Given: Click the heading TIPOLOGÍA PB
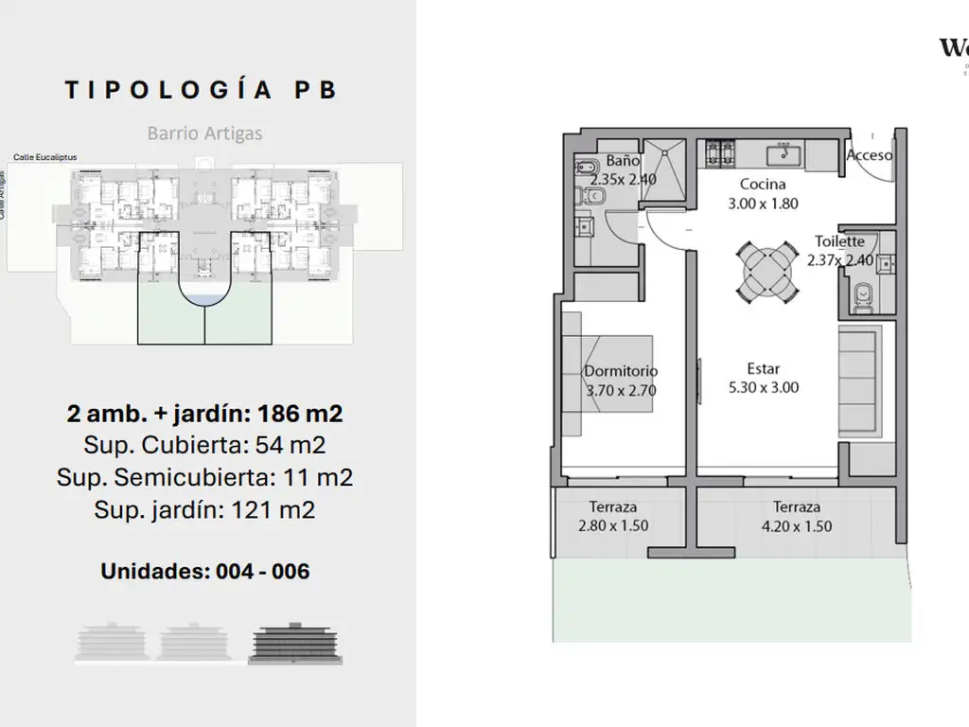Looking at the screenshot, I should click(x=201, y=90).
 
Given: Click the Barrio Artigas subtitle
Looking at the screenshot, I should click(x=204, y=133).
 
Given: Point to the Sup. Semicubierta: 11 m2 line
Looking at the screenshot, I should click(x=204, y=477).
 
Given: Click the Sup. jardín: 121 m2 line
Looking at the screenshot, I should click(x=204, y=510).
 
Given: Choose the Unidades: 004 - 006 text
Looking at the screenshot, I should click(x=204, y=571).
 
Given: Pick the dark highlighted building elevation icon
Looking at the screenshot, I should click(x=295, y=643).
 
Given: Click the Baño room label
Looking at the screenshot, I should click(x=624, y=161).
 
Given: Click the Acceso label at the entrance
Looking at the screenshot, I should click(x=868, y=154).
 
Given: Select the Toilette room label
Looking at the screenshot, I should click(x=839, y=241).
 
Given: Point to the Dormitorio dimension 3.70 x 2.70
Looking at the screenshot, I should click(x=621, y=389).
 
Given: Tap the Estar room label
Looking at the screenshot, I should click(x=763, y=368).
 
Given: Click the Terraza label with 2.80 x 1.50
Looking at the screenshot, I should click(x=612, y=507).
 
